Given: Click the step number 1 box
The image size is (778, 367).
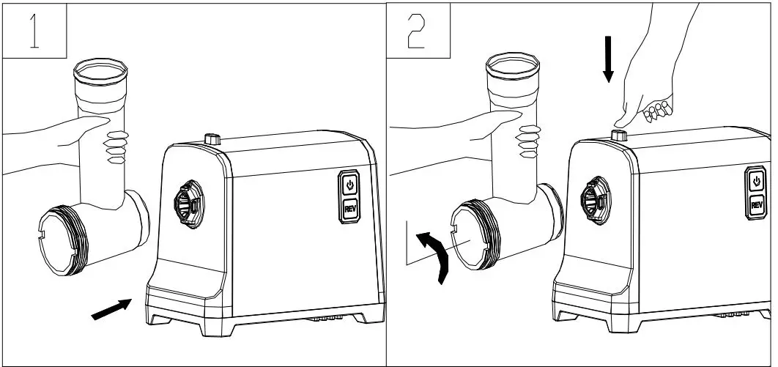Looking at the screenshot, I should (34, 30).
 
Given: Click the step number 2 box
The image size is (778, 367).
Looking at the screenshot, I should (418, 30).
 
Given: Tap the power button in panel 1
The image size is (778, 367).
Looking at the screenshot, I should (349, 184).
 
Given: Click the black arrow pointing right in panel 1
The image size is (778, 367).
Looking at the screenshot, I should (111, 308).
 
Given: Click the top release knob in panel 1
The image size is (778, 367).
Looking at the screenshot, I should (212, 138).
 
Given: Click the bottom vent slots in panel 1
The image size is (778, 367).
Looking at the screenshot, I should (323, 319).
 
